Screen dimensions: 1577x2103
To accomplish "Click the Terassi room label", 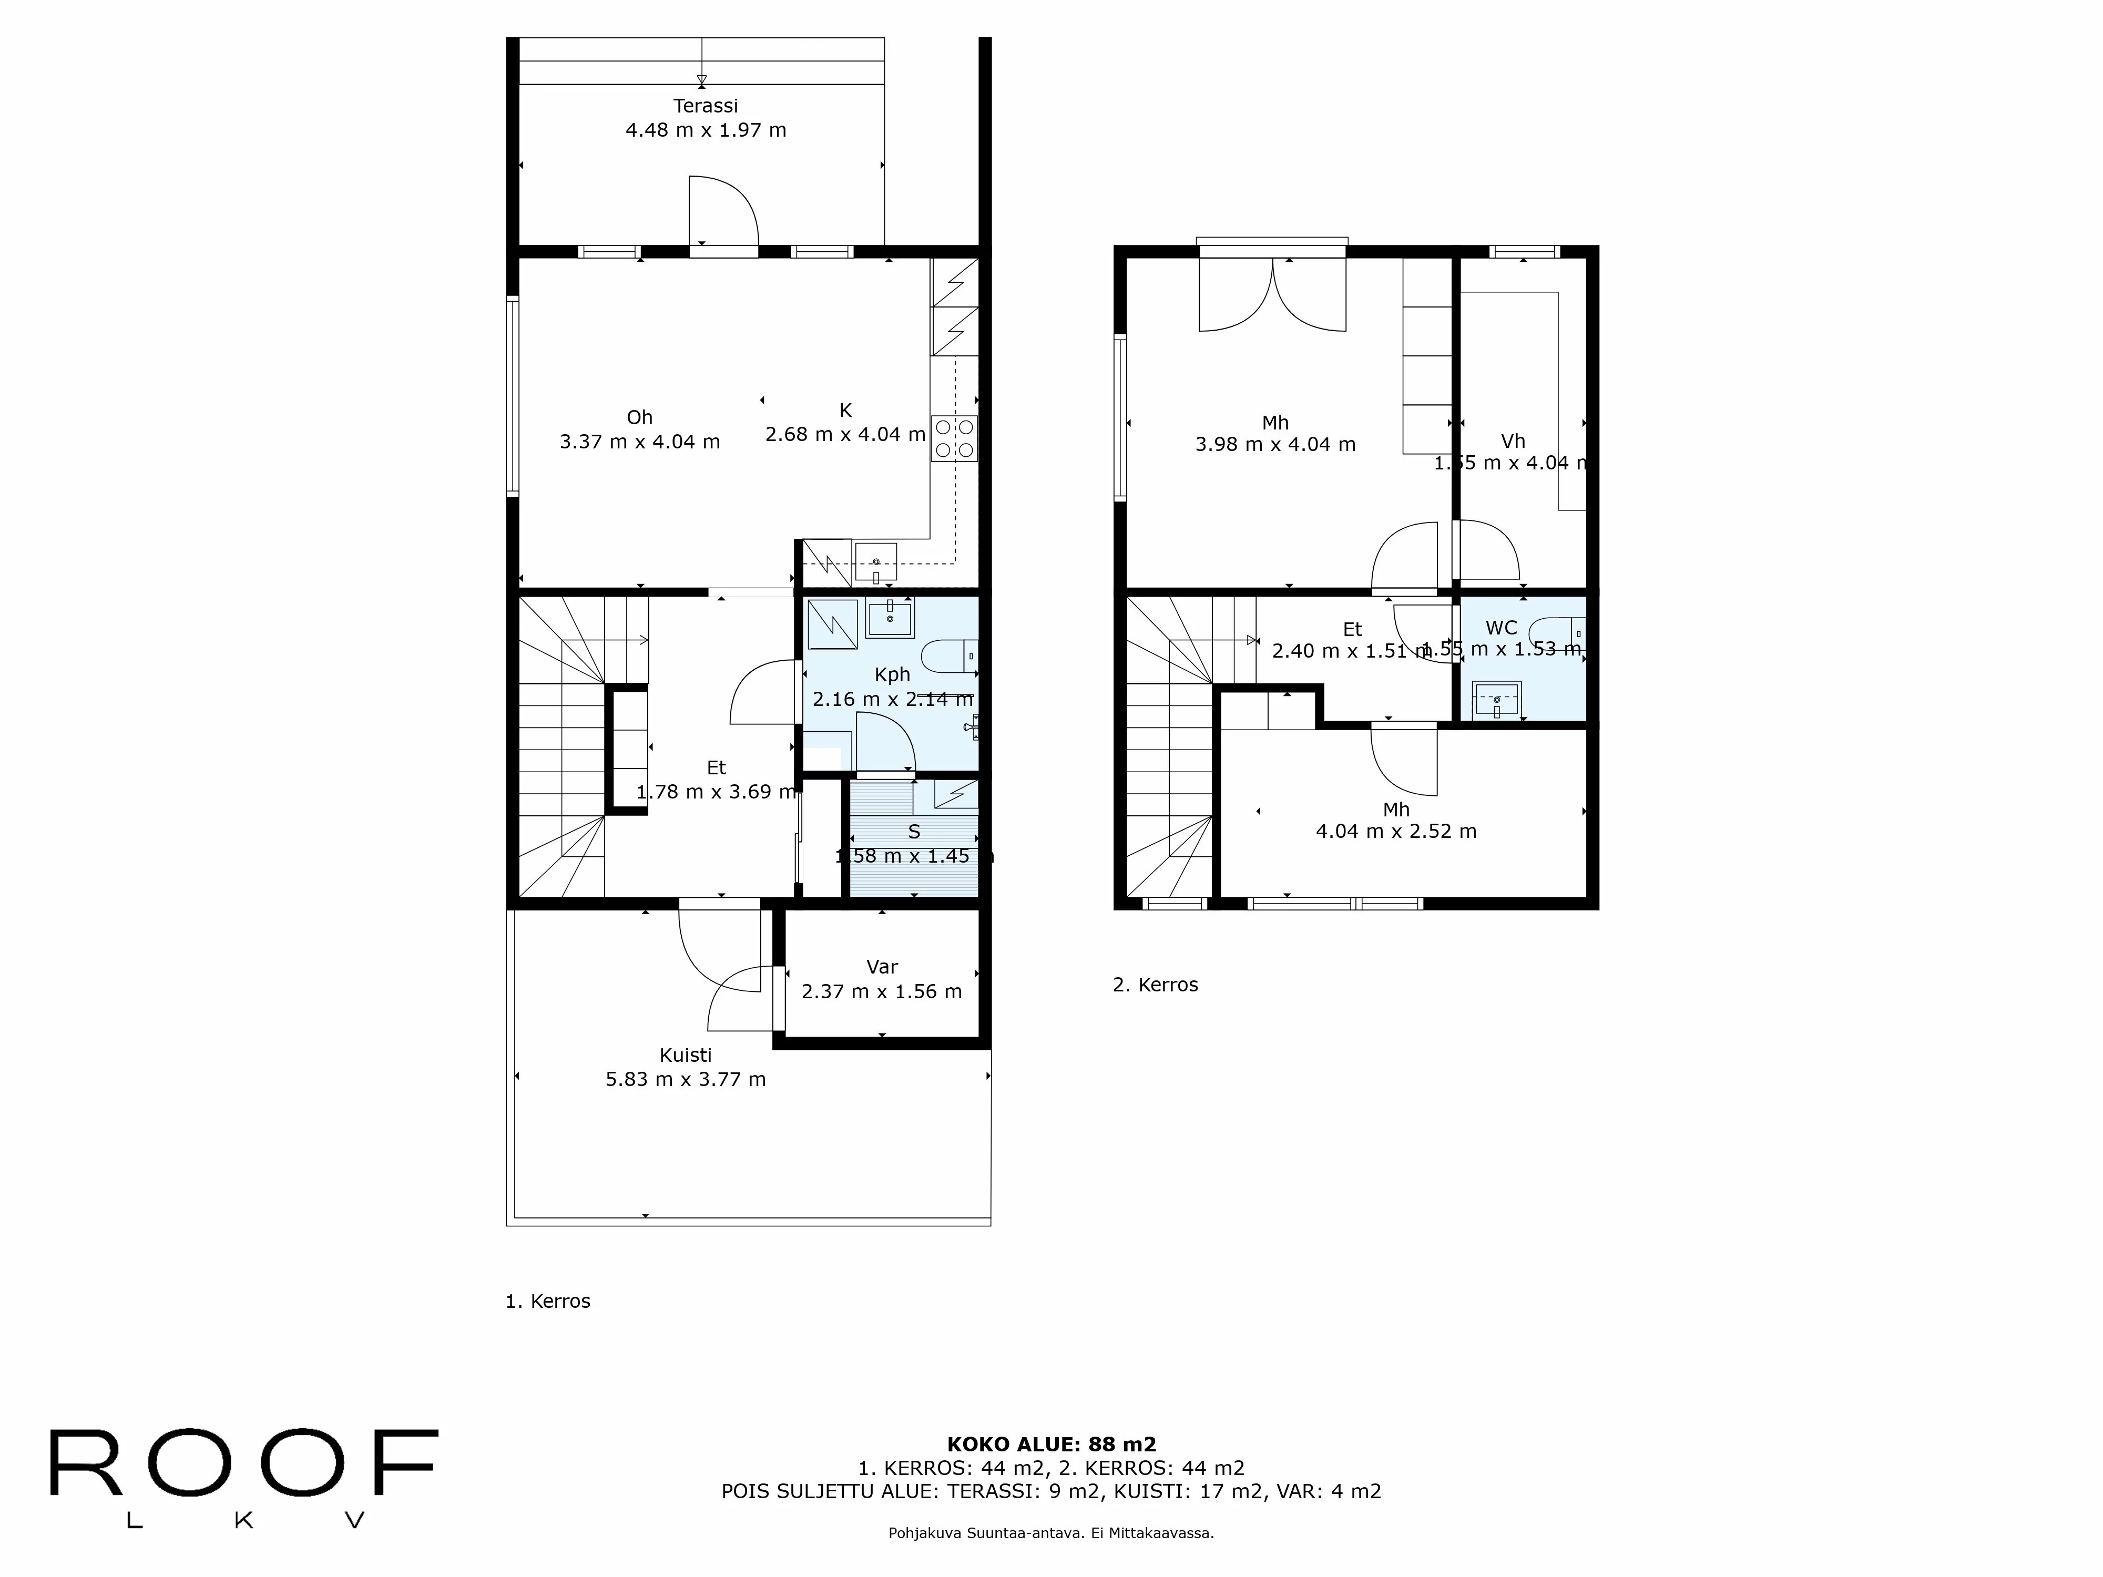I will pyautogui.click(x=706, y=106).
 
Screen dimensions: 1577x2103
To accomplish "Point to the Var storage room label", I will pyautogui.click(x=881, y=967).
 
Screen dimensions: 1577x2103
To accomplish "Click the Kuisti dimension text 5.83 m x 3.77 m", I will pyautogui.click(x=686, y=1079).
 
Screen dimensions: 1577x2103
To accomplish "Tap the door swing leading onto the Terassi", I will pyautogui.click(x=722, y=211).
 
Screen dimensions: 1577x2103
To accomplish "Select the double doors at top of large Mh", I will pyautogui.click(x=1272, y=295).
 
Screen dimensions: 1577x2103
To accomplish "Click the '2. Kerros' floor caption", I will pyautogui.click(x=1155, y=985).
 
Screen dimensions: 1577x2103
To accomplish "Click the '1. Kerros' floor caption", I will pyautogui.click(x=548, y=1302).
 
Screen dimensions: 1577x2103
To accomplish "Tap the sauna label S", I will pyautogui.click(x=914, y=832).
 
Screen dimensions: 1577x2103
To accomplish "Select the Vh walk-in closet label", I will pyautogui.click(x=1513, y=441).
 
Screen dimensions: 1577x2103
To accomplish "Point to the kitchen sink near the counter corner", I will pyautogui.click(x=875, y=562).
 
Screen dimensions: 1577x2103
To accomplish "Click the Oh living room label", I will pyautogui.click(x=639, y=417).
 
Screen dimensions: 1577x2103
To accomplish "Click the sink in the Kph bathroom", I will pyautogui.click(x=890, y=619).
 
